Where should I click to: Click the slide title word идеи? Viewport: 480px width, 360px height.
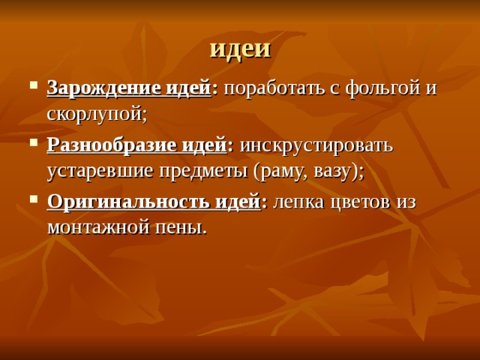240,47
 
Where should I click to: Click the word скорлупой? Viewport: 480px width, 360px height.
94,114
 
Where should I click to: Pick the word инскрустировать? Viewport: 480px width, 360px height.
316,144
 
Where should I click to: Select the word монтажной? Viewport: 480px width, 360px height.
102,226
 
